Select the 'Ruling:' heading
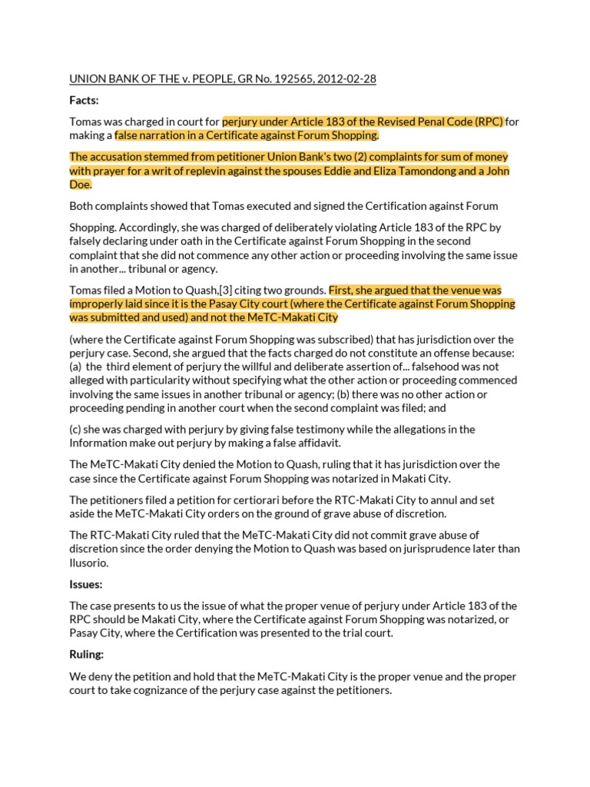[x=88, y=656]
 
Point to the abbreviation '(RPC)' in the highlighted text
[x=489, y=121]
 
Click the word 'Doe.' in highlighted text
[x=81, y=184]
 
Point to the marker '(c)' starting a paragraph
[x=77, y=429]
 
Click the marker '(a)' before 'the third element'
[x=77, y=367]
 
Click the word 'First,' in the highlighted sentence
[x=343, y=291]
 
